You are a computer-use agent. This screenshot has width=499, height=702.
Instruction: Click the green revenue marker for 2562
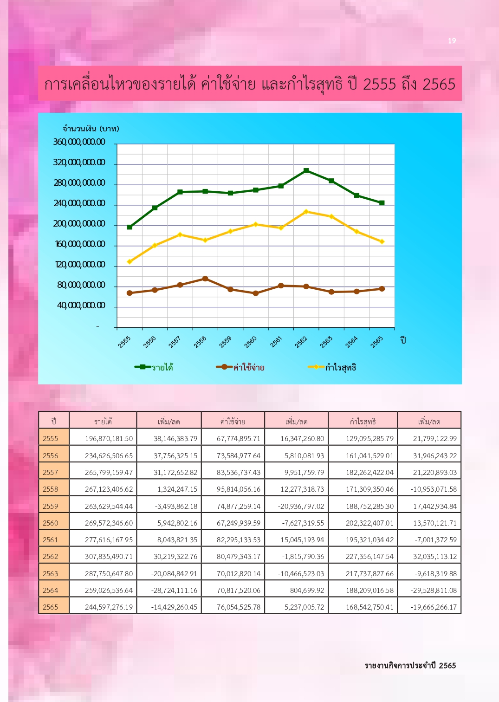point(306,170)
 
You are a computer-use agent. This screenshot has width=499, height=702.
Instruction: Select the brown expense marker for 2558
point(205,279)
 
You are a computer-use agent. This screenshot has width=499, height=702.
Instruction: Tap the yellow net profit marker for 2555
point(130,262)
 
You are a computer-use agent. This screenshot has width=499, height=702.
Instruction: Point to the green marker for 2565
point(382,203)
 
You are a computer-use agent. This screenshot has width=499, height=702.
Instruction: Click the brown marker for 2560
point(256,293)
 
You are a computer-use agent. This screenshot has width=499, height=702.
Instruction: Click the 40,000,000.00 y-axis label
point(81,305)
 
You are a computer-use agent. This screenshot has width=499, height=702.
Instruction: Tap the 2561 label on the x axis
point(276,342)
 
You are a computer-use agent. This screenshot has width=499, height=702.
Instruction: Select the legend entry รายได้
point(154,367)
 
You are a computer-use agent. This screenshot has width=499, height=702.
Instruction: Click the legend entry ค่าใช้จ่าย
point(240,367)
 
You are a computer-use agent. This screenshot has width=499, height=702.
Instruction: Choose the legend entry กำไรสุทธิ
point(332,367)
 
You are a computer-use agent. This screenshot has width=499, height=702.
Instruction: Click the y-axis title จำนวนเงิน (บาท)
point(91,129)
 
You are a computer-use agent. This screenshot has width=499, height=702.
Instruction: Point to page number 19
point(452,41)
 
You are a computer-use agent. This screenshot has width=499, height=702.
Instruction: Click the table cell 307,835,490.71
point(109,557)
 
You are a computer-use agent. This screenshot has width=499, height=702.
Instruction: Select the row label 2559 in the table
point(51,506)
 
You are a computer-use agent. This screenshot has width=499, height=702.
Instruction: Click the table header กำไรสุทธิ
point(363,422)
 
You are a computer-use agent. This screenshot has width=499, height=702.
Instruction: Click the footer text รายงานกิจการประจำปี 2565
point(410,665)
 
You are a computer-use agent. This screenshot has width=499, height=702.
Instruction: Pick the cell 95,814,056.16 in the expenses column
point(239,489)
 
